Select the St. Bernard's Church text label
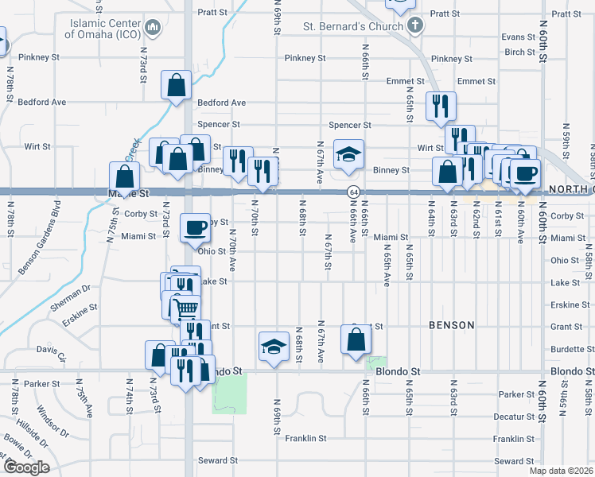pyautogui.click(x=354, y=25)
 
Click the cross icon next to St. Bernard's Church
pyautogui.click(x=414, y=25)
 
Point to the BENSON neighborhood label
pyautogui.click(x=451, y=325)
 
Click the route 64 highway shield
pyautogui.click(x=352, y=192)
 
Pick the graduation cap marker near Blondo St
pyautogui.click(x=273, y=346)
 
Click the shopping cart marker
pyautogui.click(x=186, y=307)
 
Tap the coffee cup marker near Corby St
pyautogui.click(x=196, y=229)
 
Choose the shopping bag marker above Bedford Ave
pyautogui.click(x=176, y=84)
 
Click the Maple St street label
pyautogui.click(x=129, y=193)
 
